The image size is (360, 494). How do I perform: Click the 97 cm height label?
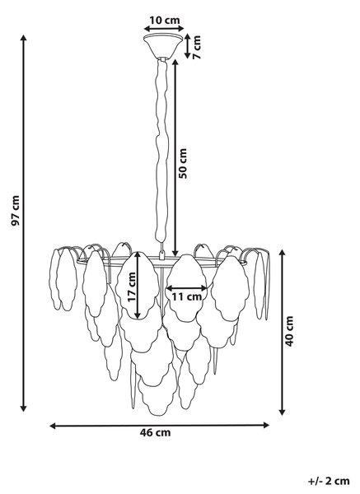16,211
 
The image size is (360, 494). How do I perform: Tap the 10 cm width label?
164,20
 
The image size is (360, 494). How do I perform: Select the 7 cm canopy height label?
197,47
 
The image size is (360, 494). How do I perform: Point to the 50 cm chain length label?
183,164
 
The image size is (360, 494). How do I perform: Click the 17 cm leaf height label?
132,287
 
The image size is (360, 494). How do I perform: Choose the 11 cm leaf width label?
187,296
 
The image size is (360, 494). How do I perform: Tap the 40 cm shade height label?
289,332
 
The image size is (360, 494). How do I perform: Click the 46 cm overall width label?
156,432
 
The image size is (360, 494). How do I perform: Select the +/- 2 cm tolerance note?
329,481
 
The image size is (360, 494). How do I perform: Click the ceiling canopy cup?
163,47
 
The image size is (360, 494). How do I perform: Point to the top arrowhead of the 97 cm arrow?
23,38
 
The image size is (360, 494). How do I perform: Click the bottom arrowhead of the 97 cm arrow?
23,408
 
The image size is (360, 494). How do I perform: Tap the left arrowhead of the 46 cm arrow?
54,426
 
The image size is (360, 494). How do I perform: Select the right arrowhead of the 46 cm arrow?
266,425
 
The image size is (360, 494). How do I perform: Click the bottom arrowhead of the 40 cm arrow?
283,412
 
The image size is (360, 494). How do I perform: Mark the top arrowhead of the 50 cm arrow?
175,63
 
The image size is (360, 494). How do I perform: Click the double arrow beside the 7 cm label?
188,46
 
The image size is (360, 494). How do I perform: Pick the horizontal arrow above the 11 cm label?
186,288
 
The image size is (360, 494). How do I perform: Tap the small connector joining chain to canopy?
163,59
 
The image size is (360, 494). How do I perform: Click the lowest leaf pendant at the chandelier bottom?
157,398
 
